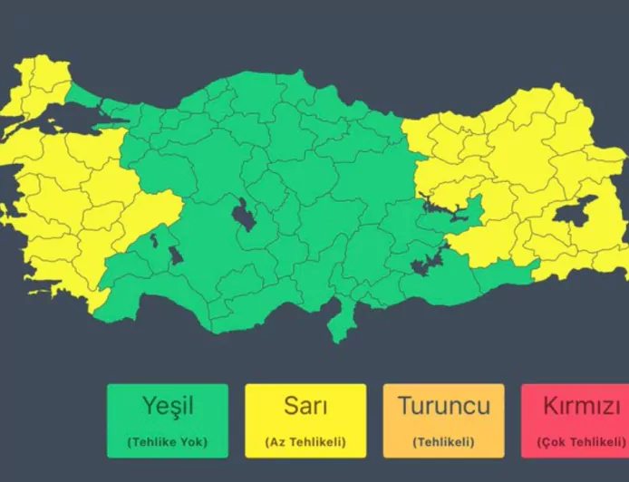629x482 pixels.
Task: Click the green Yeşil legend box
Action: (168, 420)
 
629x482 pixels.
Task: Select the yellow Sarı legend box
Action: (305, 420)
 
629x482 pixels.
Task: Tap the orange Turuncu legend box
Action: (443, 420)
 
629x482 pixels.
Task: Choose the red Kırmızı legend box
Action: (575, 420)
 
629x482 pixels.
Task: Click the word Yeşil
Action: (168, 405)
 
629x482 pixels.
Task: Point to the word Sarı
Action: (305, 405)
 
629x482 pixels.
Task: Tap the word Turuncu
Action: (443, 405)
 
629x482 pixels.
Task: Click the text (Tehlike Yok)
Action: (168, 442)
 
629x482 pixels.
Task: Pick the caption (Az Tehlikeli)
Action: (305, 442)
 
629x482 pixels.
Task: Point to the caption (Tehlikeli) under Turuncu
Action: (443, 442)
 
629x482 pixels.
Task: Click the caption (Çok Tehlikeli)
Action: (581, 442)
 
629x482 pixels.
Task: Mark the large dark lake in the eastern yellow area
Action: (572, 214)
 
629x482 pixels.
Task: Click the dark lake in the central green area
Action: (243, 215)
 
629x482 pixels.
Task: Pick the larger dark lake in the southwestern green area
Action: (175, 255)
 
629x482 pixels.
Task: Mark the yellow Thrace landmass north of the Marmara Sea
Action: (36, 86)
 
